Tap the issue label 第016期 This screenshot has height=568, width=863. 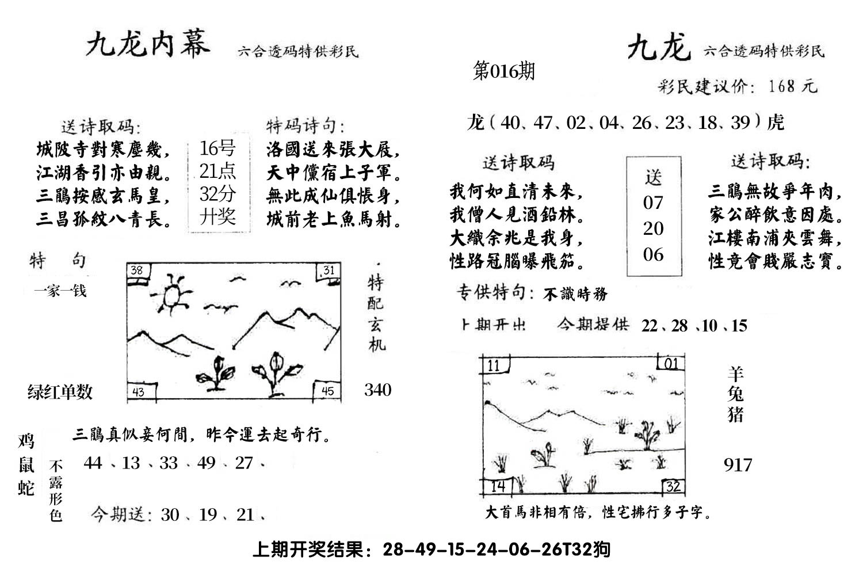click(503, 71)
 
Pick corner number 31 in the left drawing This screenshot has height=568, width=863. click(328, 270)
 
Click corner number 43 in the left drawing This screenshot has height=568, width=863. click(138, 392)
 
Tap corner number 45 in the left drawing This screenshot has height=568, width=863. click(327, 391)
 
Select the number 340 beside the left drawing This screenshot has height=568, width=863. click(378, 390)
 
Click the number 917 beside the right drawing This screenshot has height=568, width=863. click(738, 464)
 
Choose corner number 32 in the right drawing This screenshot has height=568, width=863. click(673, 486)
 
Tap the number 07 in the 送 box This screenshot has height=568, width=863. click(653, 203)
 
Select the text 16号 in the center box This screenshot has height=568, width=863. click(217, 148)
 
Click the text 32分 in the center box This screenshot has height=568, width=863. click(217, 194)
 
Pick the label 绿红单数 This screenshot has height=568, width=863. click(60, 392)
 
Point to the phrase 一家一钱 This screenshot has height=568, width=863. click(60, 291)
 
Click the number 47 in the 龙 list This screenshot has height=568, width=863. click(543, 123)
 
